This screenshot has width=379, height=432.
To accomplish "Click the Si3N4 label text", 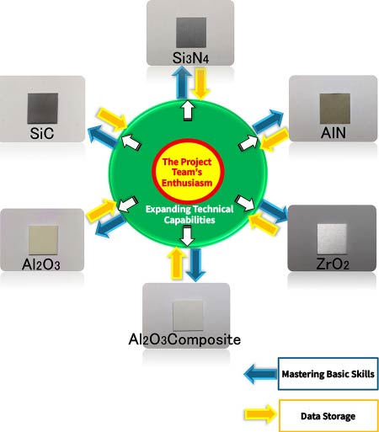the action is point(190,58).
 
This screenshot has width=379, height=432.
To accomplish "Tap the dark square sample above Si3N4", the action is point(191,33).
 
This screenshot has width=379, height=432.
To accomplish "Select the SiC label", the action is point(42,133).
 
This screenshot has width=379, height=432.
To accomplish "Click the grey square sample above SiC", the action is point(43,109).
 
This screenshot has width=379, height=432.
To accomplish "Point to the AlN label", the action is point(334,132).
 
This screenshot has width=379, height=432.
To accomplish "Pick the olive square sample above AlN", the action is point(335,109).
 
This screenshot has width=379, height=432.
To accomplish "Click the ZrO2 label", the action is point(333,264).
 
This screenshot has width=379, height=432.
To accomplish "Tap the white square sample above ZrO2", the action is point(332,239).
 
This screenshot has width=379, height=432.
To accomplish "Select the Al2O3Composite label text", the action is point(184,339).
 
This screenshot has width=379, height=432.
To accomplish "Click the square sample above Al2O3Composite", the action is point(188,316).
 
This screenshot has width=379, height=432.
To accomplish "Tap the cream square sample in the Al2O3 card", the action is point(43,240).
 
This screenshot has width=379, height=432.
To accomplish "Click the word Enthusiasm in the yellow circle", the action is point(187,183).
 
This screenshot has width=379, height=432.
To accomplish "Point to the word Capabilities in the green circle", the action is point(189,220).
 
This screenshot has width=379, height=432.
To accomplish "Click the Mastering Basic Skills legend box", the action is point(328,374).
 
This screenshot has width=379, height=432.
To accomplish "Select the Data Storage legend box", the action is point(328,416).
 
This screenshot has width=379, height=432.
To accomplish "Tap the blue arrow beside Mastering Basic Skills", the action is point(260,374).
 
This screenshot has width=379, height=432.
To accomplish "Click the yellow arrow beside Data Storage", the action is point(261,414).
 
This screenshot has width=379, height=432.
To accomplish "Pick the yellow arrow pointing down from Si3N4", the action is point(200,84).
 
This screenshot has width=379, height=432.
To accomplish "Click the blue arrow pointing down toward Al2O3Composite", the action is point(195,264).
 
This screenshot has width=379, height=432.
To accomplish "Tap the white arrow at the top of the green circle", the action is point(188,110).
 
